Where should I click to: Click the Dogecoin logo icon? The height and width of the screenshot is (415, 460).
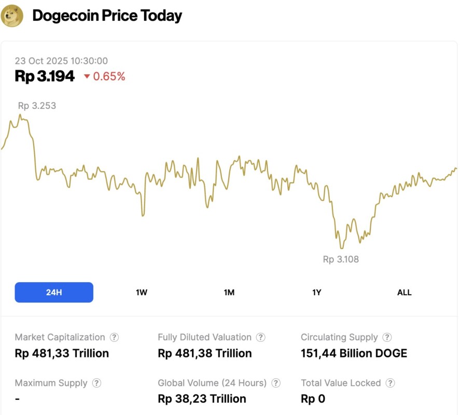[12, 16]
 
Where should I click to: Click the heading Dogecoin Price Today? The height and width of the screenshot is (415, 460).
[107, 16]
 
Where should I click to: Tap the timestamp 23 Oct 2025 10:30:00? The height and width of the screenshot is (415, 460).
[61, 61]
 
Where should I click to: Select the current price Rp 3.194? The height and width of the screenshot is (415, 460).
[45, 76]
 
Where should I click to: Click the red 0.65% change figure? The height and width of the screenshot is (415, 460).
[109, 77]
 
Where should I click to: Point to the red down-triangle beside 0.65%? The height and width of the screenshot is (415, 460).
[87, 77]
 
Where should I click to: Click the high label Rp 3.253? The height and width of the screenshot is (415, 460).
[37, 106]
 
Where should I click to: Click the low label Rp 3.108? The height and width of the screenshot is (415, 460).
[341, 259]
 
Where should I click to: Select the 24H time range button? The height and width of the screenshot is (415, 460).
[54, 292]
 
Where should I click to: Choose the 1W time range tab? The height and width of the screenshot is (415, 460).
[142, 293]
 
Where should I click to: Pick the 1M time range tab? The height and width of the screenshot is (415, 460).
[229, 293]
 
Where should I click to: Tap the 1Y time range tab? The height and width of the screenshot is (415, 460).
[317, 293]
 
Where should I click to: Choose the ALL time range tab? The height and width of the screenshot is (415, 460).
[404, 293]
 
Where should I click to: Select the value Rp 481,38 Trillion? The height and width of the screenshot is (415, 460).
[204, 354]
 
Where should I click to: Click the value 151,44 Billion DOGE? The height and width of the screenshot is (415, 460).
[354, 354]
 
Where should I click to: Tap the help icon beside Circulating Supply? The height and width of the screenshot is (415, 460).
[387, 337]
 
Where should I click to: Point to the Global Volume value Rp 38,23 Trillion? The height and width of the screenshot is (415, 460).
[202, 399]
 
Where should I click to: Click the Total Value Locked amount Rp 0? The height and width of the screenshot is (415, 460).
[313, 399]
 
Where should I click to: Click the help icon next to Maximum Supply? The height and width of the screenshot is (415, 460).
[96, 383]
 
